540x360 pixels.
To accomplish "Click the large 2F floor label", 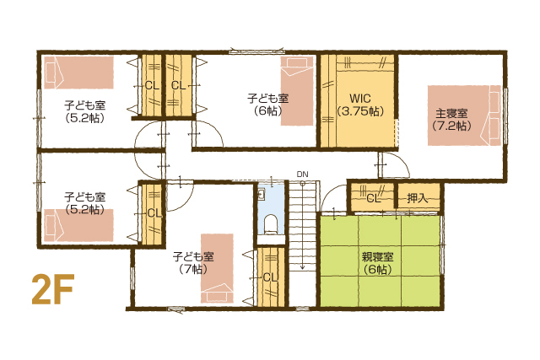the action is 53,289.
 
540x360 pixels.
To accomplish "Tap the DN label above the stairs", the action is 302,175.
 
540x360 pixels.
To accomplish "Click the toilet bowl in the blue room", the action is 271,223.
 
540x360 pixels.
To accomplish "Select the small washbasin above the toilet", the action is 261,195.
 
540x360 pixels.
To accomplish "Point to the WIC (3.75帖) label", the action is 360,105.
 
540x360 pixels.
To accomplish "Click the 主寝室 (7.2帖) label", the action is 451,120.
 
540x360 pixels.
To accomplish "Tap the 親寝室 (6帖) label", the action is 377,263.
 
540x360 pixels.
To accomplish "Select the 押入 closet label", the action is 418,198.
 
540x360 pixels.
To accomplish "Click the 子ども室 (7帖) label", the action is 193,262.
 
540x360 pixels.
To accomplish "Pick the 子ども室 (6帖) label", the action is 268,105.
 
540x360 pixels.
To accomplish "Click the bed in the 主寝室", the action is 464,116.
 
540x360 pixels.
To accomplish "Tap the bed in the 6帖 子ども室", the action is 297,91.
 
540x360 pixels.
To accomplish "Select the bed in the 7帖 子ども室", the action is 217,268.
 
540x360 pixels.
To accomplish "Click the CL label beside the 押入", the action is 373,198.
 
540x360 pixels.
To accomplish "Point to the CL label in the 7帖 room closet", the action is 270,277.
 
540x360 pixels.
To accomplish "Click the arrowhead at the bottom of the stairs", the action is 302,266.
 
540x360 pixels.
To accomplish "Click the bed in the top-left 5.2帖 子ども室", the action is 78,73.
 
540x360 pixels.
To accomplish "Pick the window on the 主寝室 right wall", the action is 505,116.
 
